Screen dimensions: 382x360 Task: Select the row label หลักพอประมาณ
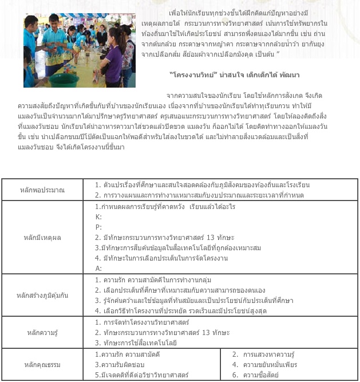coord(42,190)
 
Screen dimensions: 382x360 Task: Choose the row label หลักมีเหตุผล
coord(42,237)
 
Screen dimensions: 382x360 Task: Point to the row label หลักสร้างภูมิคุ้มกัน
coord(42,296)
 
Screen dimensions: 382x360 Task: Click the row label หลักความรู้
coord(42,332)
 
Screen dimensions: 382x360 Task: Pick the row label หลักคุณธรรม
coord(42,364)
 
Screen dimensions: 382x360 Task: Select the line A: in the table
coord(98,267)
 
